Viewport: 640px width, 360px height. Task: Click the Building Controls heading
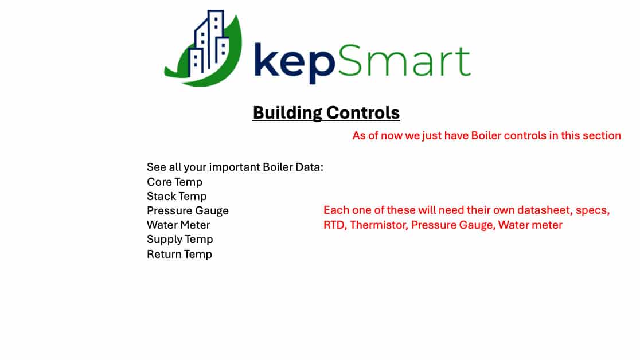click(x=326, y=113)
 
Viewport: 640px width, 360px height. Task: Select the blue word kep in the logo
click(x=294, y=61)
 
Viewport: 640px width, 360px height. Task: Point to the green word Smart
click(x=404, y=61)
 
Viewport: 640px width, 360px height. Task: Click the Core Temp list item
click(x=174, y=182)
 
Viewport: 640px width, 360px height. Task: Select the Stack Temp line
click(x=177, y=196)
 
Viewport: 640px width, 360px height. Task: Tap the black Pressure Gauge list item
click(x=188, y=210)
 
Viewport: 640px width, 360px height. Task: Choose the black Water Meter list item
click(x=178, y=225)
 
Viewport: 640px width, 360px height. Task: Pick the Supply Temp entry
click(x=180, y=240)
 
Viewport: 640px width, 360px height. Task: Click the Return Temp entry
click(x=179, y=255)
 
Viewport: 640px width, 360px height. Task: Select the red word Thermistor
click(x=378, y=225)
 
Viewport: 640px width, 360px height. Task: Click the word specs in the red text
click(x=592, y=210)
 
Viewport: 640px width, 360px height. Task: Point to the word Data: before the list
click(x=309, y=167)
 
